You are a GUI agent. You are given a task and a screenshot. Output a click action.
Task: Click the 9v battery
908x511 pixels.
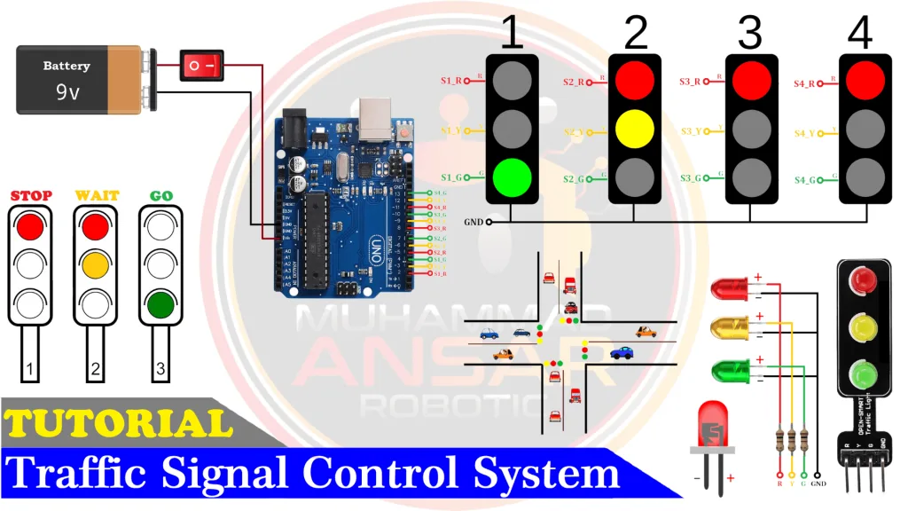80,80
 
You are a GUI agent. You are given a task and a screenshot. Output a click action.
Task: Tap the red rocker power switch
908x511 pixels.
201,66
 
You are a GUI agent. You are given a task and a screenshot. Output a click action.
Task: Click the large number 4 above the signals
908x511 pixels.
859,33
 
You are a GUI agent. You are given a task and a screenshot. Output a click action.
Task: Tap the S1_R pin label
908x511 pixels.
452,81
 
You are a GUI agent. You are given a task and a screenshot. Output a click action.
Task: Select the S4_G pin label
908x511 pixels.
804,180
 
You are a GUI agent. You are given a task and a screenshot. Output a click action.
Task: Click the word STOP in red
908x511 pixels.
31,195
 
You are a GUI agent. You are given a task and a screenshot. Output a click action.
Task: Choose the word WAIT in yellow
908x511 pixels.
96,195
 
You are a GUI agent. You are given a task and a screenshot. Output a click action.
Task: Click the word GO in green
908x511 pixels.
160,195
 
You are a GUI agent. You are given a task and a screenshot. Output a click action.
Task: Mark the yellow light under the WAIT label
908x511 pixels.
96,265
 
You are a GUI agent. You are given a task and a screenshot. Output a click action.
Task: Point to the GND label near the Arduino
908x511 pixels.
473,222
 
